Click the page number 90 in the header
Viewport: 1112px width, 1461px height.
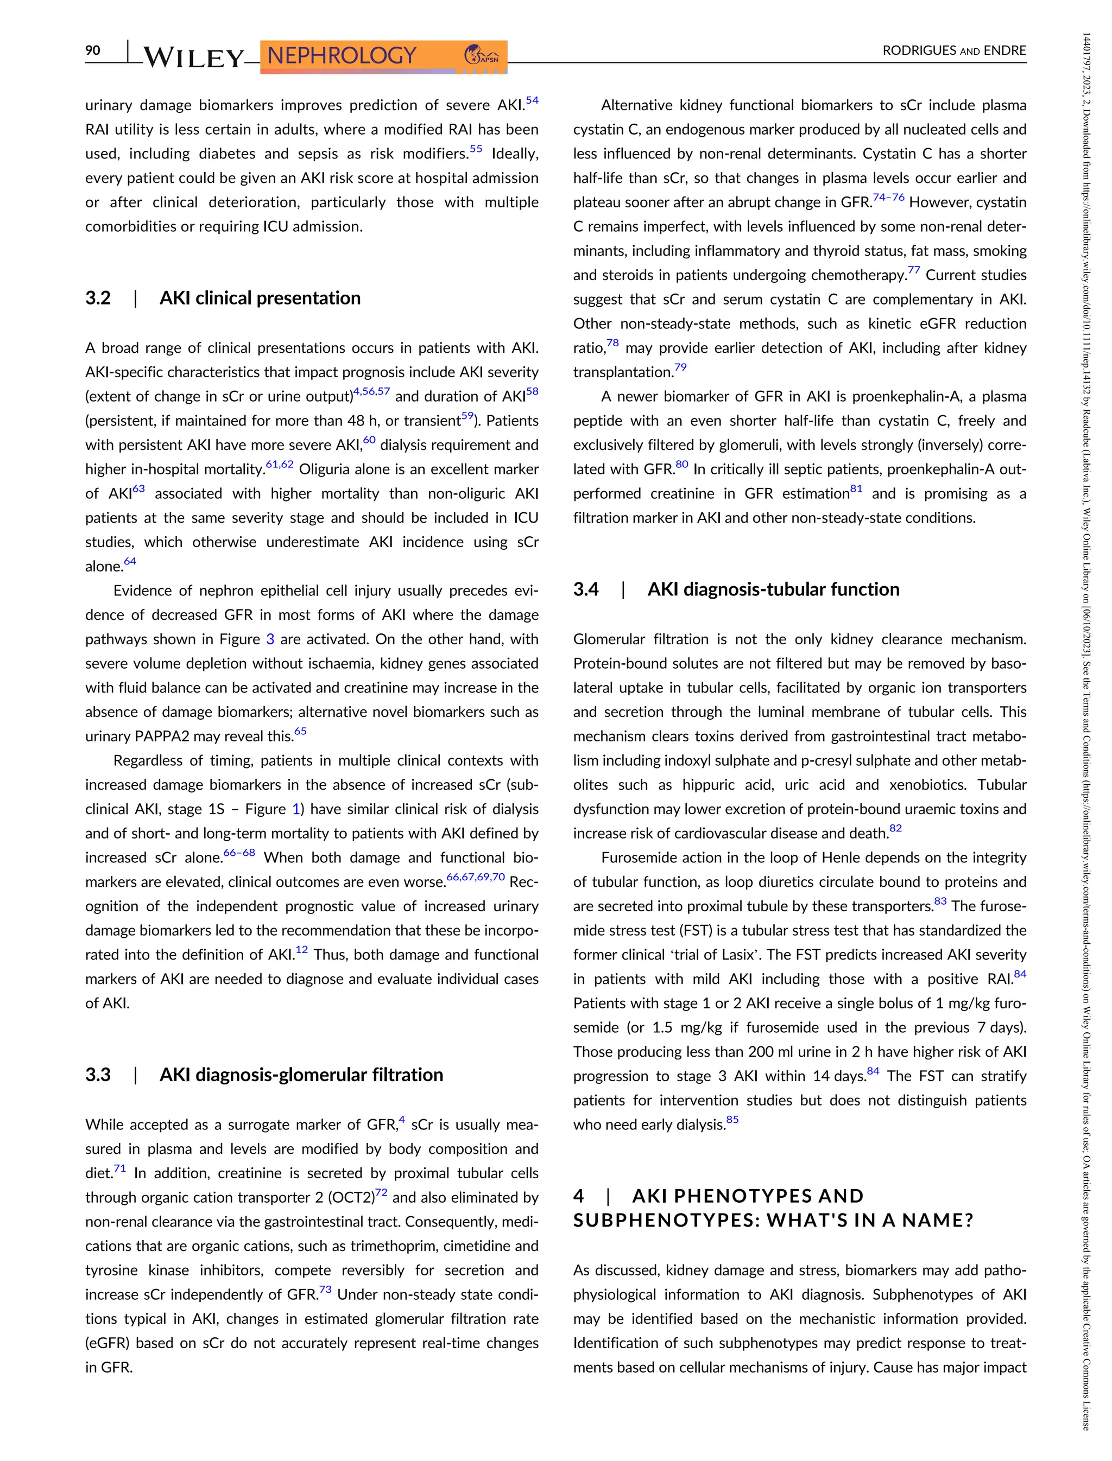(93, 51)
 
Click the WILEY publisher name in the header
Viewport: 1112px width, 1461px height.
(193, 58)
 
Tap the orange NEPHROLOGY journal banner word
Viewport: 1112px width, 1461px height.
(342, 55)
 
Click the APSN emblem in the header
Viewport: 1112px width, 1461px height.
(483, 55)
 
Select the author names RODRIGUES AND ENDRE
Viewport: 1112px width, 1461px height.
(954, 51)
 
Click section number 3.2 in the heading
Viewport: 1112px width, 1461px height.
(98, 298)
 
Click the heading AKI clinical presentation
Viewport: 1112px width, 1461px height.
(260, 298)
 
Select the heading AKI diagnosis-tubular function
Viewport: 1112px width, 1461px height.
(773, 589)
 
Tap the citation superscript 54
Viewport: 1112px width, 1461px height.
(532, 100)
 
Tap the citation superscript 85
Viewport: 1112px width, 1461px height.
(731, 1120)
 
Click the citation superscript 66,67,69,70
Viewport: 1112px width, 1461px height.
(475, 878)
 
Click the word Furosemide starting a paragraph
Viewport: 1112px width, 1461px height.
(634, 858)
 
